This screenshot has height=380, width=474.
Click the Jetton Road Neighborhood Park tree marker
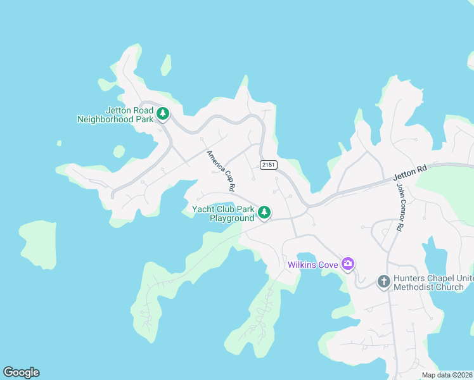tap(163, 114)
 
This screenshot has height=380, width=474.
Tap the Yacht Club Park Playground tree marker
tap(264, 213)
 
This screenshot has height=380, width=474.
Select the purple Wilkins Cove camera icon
tap(347, 263)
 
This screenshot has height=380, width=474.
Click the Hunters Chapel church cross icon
tap(383, 281)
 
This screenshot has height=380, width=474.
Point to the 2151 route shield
tap(267, 165)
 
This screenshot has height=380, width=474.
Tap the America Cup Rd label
tap(221, 170)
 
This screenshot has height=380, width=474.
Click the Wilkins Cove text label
tap(312, 265)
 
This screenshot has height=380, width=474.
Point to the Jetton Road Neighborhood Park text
tap(115, 115)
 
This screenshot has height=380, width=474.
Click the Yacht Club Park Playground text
tap(223, 213)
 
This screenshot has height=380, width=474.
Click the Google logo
tap(21, 372)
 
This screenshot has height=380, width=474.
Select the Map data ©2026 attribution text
tap(446, 375)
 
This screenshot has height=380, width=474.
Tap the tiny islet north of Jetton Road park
tap(166, 65)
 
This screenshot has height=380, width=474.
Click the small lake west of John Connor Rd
tap(437, 256)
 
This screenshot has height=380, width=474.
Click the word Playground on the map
tap(232, 218)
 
